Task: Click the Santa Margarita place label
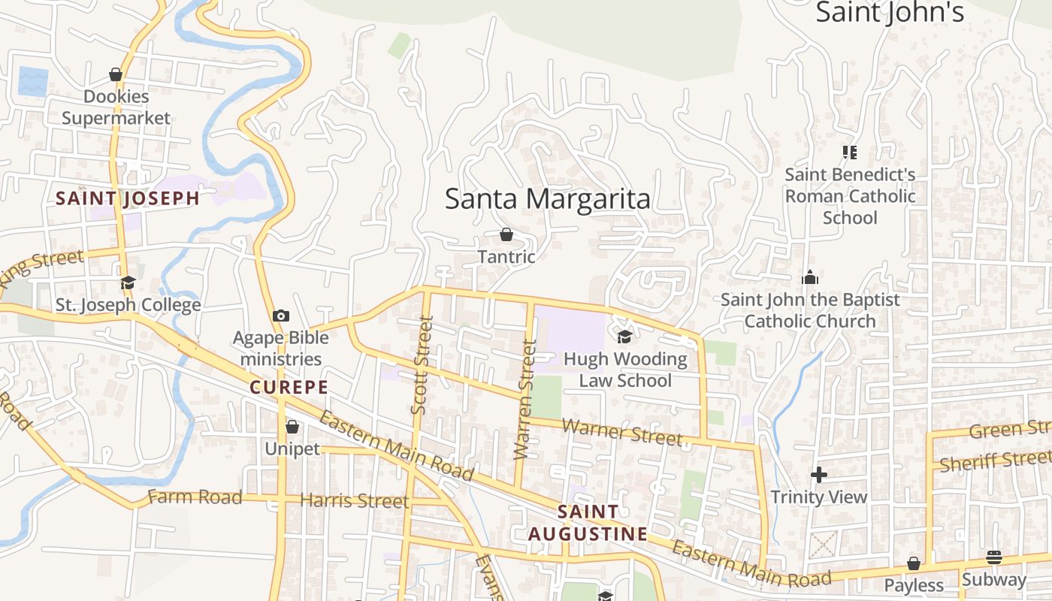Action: tap(547, 199)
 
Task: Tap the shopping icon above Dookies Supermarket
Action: tap(116, 74)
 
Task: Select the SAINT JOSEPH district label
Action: tap(128, 198)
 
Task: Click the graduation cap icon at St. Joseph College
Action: tap(128, 283)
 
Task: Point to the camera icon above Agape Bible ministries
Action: tap(281, 316)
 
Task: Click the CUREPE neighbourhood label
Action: tap(289, 388)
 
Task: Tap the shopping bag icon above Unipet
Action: tap(292, 427)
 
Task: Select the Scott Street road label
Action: tap(423, 365)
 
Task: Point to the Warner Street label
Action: tap(622, 432)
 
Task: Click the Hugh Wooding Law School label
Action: tap(625, 370)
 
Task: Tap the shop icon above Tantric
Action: tap(506, 234)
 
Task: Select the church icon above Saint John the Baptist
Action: tap(809, 277)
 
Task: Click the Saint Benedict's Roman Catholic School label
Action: tap(850, 196)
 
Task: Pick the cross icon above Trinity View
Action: tap(819, 475)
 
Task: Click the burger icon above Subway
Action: tap(994, 557)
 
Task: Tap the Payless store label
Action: tap(913, 585)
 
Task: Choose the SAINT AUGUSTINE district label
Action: tap(588, 523)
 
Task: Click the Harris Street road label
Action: tap(354, 500)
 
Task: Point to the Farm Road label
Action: tap(195, 497)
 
